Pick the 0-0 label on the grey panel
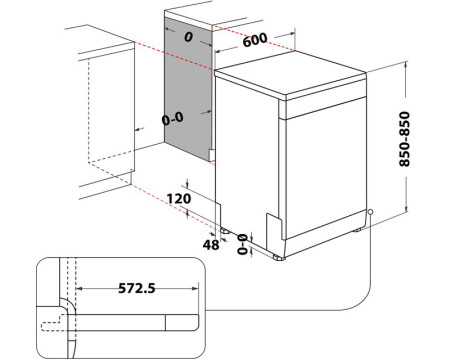[173, 118]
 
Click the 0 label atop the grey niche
[188, 35]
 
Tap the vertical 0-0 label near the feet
[241, 243]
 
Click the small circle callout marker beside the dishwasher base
[369, 211]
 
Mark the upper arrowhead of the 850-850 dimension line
[406, 63]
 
